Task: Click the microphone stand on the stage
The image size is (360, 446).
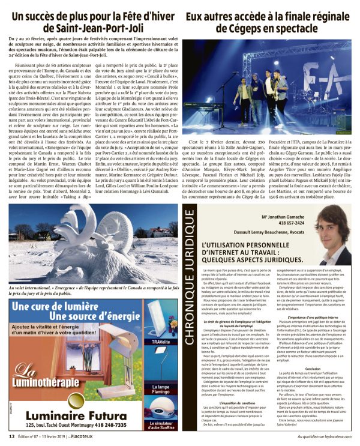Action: click(x=223, y=102)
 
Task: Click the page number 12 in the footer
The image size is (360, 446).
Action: click(x=11, y=436)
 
